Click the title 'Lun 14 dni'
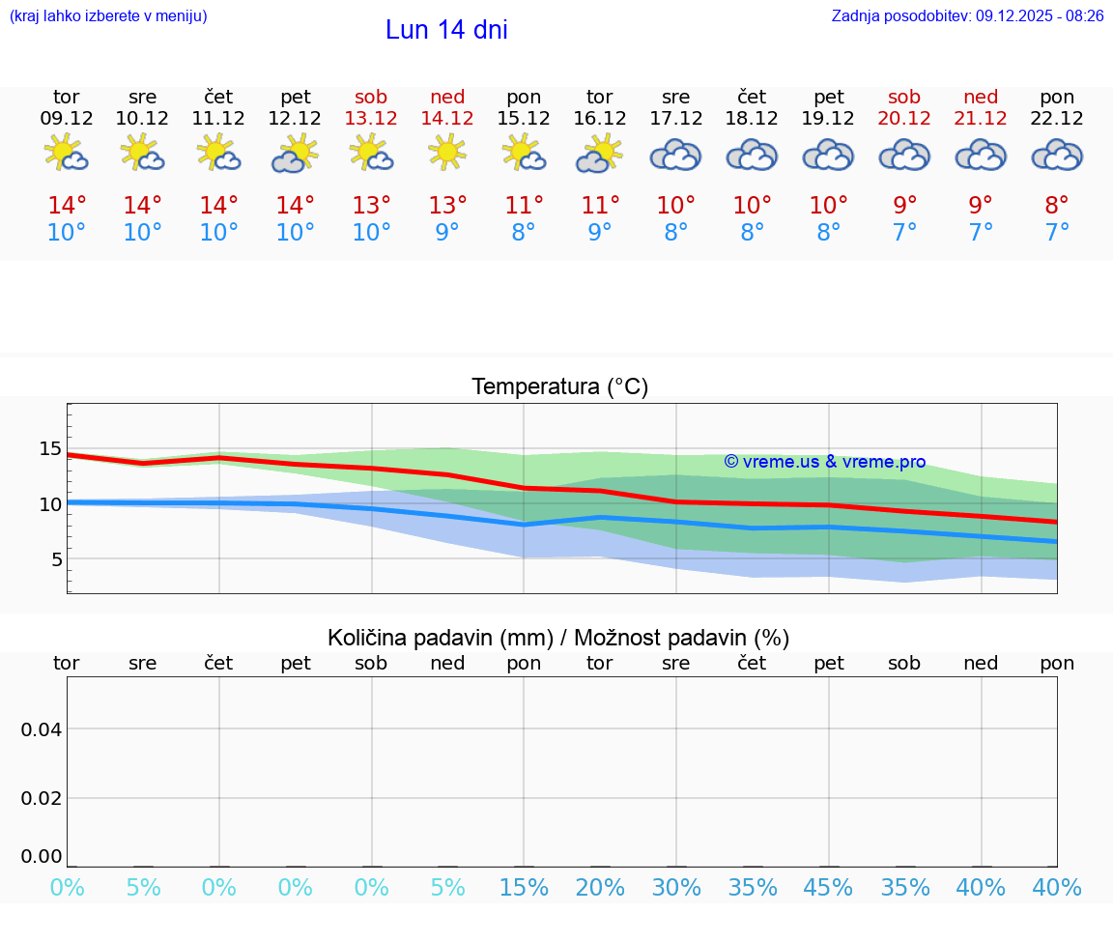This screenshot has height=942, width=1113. [446, 30]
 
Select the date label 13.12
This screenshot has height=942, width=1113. [371, 118]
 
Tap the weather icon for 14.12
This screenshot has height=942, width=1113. [447, 153]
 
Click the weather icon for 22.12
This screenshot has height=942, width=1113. [1057, 155]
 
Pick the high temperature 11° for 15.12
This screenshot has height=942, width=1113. [524, 205]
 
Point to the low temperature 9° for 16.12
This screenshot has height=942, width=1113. [600, 232]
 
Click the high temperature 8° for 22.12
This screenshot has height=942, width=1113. [1057, 205]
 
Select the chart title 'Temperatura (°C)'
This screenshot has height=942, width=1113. [559, 386]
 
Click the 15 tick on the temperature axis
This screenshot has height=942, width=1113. [50, 448]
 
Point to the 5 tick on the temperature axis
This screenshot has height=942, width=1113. [56, 559]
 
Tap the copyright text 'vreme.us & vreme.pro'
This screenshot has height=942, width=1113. [825, 462]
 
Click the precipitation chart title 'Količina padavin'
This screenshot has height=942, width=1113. [558, 638]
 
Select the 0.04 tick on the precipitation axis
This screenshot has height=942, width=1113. [42, 728]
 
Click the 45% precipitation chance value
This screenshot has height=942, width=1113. [829, 887]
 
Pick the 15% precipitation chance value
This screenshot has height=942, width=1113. [524, 887]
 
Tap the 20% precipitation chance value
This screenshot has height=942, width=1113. [600, 887]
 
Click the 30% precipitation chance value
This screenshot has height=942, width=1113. [676, 887]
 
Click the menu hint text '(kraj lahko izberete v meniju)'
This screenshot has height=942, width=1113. [108, 15]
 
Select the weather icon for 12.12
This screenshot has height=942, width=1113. [295, 154]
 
